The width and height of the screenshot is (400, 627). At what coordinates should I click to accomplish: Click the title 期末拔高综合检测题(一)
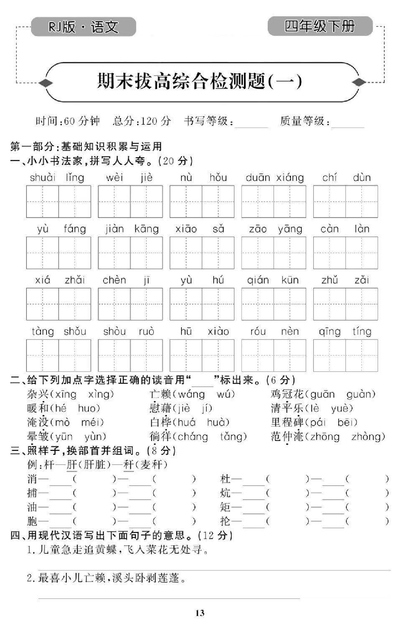coord(199,78)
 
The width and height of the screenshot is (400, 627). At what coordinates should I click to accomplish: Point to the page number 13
coord(199,612)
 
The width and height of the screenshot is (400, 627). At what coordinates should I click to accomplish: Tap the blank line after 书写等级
coord(250,124)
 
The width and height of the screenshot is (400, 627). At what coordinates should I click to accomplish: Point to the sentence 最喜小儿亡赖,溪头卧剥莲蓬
coord(111,577)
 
